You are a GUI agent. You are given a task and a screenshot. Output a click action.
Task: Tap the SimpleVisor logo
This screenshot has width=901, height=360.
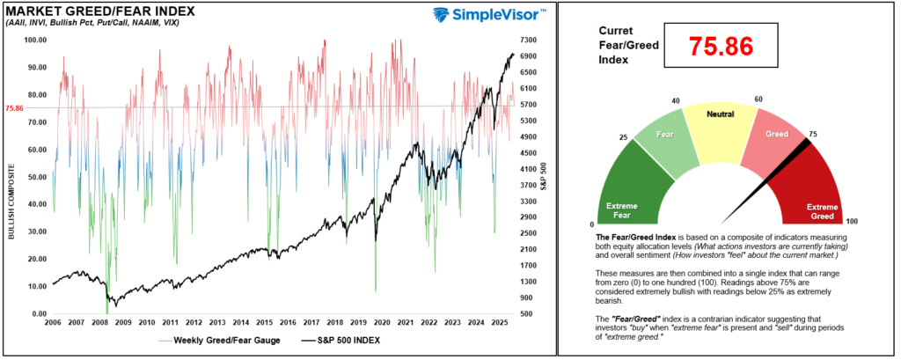tap(491, 14)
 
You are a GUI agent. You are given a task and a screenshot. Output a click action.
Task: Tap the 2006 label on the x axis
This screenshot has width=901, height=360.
tap(54, 322)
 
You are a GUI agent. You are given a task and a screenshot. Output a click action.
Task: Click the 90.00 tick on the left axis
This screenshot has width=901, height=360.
tap(36, 68)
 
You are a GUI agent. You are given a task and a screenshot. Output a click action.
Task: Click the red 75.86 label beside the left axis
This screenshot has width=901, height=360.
tap(15, 108)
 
